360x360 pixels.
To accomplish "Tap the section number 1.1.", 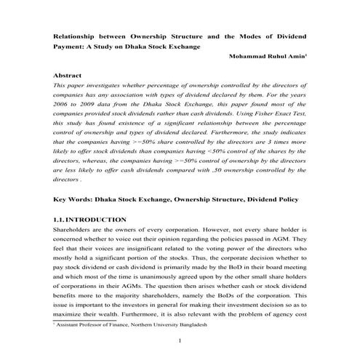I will [61, 219].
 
